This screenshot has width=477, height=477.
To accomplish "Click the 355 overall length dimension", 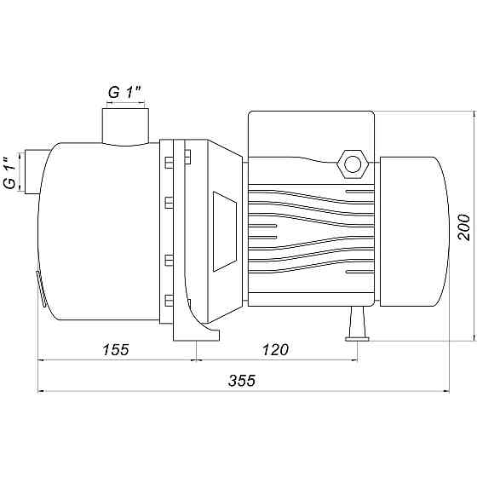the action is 242,381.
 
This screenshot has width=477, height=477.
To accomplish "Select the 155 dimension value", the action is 116,350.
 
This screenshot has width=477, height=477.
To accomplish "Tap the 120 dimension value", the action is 275,350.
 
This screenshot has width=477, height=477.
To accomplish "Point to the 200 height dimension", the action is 464,227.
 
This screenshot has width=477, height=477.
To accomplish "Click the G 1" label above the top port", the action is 125,92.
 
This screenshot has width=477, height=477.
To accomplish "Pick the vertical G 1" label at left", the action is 10,173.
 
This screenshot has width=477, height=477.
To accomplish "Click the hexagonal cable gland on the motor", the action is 353,164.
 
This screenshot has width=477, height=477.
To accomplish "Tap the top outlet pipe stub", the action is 125,127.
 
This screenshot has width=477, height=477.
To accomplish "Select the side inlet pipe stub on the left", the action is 33,171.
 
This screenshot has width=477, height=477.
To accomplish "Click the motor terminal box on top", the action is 311,134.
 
